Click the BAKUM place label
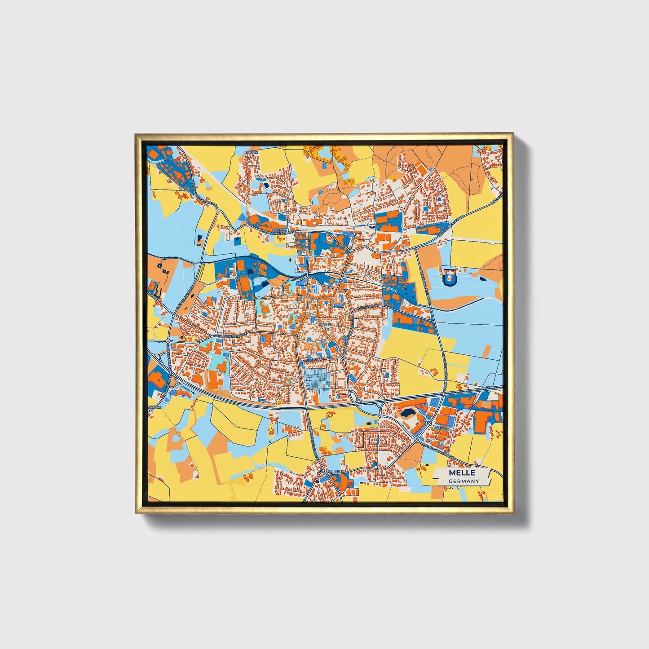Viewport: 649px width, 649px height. click(x=251, y=153)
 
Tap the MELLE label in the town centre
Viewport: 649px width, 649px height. click(x=324, y=323)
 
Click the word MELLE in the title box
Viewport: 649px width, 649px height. click(x=461, y=473)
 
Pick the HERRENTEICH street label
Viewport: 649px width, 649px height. click(x=369, y=307)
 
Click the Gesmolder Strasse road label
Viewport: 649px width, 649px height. click(x=230, y=335)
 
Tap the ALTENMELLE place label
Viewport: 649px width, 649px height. click(x=329, y=471)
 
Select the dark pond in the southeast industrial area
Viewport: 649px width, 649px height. click(x=408, y=412)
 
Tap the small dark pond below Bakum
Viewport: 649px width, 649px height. click(x=266, y=184)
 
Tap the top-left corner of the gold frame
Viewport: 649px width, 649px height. click(x=136, y=134)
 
